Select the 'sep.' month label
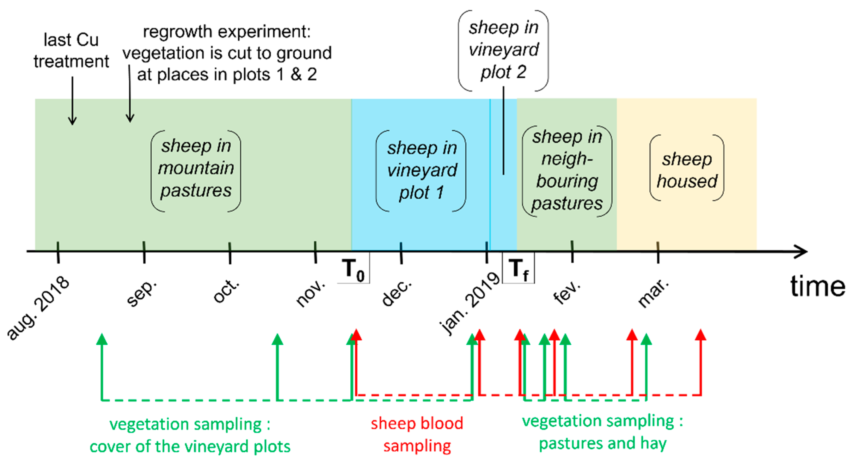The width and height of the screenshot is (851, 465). point(142,293)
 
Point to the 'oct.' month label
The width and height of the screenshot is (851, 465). point(226,291)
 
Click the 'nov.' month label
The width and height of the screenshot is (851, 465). point(311,293)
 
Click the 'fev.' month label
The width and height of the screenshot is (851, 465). point(566,292)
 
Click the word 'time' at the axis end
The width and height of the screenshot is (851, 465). point(817,286)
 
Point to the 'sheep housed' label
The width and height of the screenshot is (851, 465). point(687,170)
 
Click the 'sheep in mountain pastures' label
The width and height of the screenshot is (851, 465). point(196,168)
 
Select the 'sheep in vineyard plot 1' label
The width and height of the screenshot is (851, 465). point(422,170)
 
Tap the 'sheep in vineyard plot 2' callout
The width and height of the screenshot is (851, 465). point(503,50)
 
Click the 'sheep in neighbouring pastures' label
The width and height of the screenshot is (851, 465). point(567,170)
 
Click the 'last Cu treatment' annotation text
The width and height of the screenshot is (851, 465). point(71,50)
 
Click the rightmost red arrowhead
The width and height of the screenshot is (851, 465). point(701,335)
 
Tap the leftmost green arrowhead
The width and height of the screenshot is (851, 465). point(102,339)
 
